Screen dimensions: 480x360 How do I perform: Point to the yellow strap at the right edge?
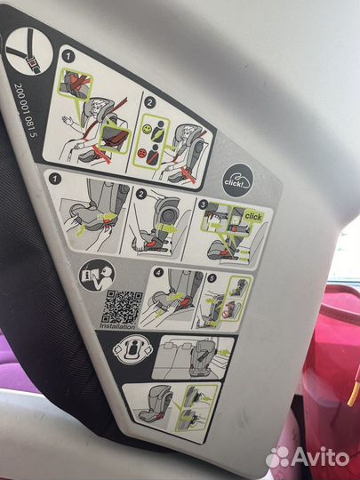[x=353, y=392]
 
